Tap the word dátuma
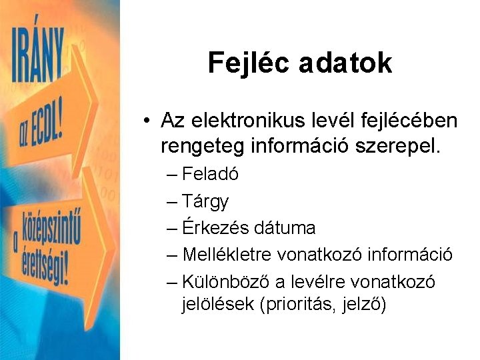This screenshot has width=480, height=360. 284,227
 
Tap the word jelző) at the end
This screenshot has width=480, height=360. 366,305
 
